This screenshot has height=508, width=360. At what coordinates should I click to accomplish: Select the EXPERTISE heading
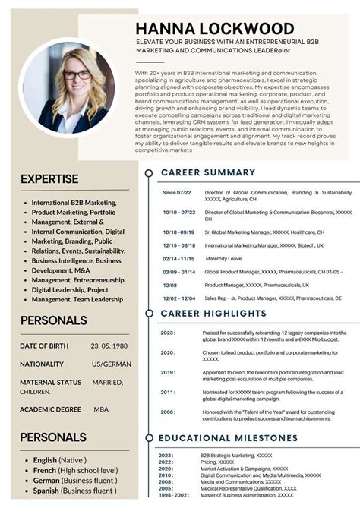[x=49, y=179]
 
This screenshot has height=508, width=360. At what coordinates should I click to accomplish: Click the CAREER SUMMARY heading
[x=207, y=172]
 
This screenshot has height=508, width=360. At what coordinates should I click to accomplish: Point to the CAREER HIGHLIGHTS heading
[x=215, y=312]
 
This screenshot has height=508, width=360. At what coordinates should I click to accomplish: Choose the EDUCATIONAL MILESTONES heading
[x=229, y=438]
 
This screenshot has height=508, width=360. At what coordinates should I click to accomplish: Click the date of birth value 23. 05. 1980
[x=109, y=346]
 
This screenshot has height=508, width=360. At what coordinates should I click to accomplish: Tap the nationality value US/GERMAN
[x=112, y=364]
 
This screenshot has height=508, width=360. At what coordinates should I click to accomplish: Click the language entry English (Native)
[x=60, y=460]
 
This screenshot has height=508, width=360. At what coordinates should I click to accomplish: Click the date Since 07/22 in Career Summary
[x=176, y=193]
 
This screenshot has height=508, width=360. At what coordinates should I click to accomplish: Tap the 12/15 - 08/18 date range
[x=178, y=245]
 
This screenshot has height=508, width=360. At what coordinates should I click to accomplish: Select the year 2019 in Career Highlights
[x=167, y=373]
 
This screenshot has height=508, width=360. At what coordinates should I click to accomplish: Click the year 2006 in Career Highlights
[x=167, y=412]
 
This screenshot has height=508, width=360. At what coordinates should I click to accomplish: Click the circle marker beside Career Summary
[x=148, y=173]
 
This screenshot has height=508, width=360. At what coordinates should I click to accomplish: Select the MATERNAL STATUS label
[x=51, y=382]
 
